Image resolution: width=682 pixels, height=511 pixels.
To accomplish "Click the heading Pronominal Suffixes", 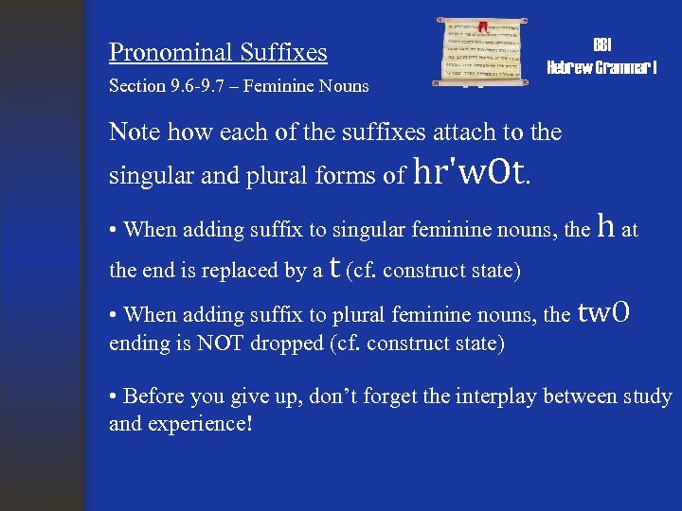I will [x=218, y=52].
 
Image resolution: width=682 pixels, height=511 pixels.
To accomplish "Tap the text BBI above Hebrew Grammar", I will [x=601, y=45].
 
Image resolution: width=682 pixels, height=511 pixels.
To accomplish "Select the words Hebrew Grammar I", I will [x=601, y=67].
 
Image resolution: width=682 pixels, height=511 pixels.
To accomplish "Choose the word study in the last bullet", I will [x=647, y=396].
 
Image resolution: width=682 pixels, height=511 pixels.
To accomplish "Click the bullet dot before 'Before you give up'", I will [x=114, y=396].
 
